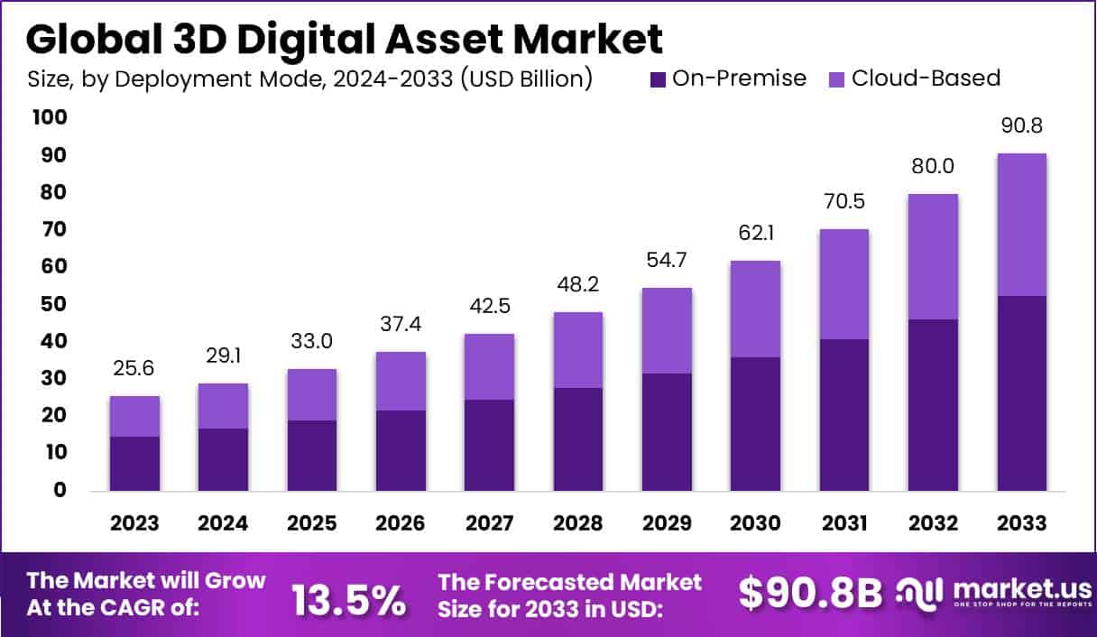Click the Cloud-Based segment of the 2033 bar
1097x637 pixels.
click(x=1021, y=225)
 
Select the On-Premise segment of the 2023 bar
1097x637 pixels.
click(x=135, y=464)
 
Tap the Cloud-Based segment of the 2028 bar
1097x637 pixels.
click(x=578, y=350)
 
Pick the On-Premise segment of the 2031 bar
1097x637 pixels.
click(x=843, y=415)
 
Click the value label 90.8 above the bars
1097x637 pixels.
click(x=1021, y=126)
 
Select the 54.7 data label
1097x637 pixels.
click(x=667, y=261)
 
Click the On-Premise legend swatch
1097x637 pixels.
click(x=657, y=79)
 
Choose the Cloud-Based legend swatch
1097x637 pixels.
click(x=836, y=79)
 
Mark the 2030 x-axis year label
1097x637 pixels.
click(x=755, y=523)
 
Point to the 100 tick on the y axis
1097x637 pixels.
click(x=49, y=118)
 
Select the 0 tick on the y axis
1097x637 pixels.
click(x=60, y=490)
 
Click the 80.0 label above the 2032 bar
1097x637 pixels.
click(x=933, y=167)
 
